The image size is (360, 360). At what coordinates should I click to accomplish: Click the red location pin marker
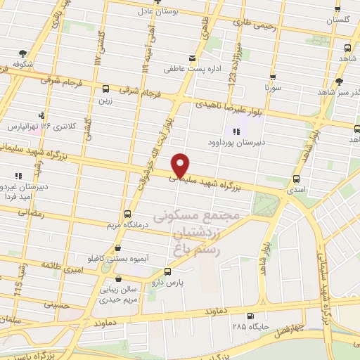tap(181, 165)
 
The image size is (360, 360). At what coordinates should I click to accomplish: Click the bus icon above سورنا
tap(272, 78)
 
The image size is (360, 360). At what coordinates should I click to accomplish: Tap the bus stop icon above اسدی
tap(296, 179)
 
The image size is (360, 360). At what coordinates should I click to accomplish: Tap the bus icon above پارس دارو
tap(167, 271)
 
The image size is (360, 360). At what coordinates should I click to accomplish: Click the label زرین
tap(105, 101)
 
